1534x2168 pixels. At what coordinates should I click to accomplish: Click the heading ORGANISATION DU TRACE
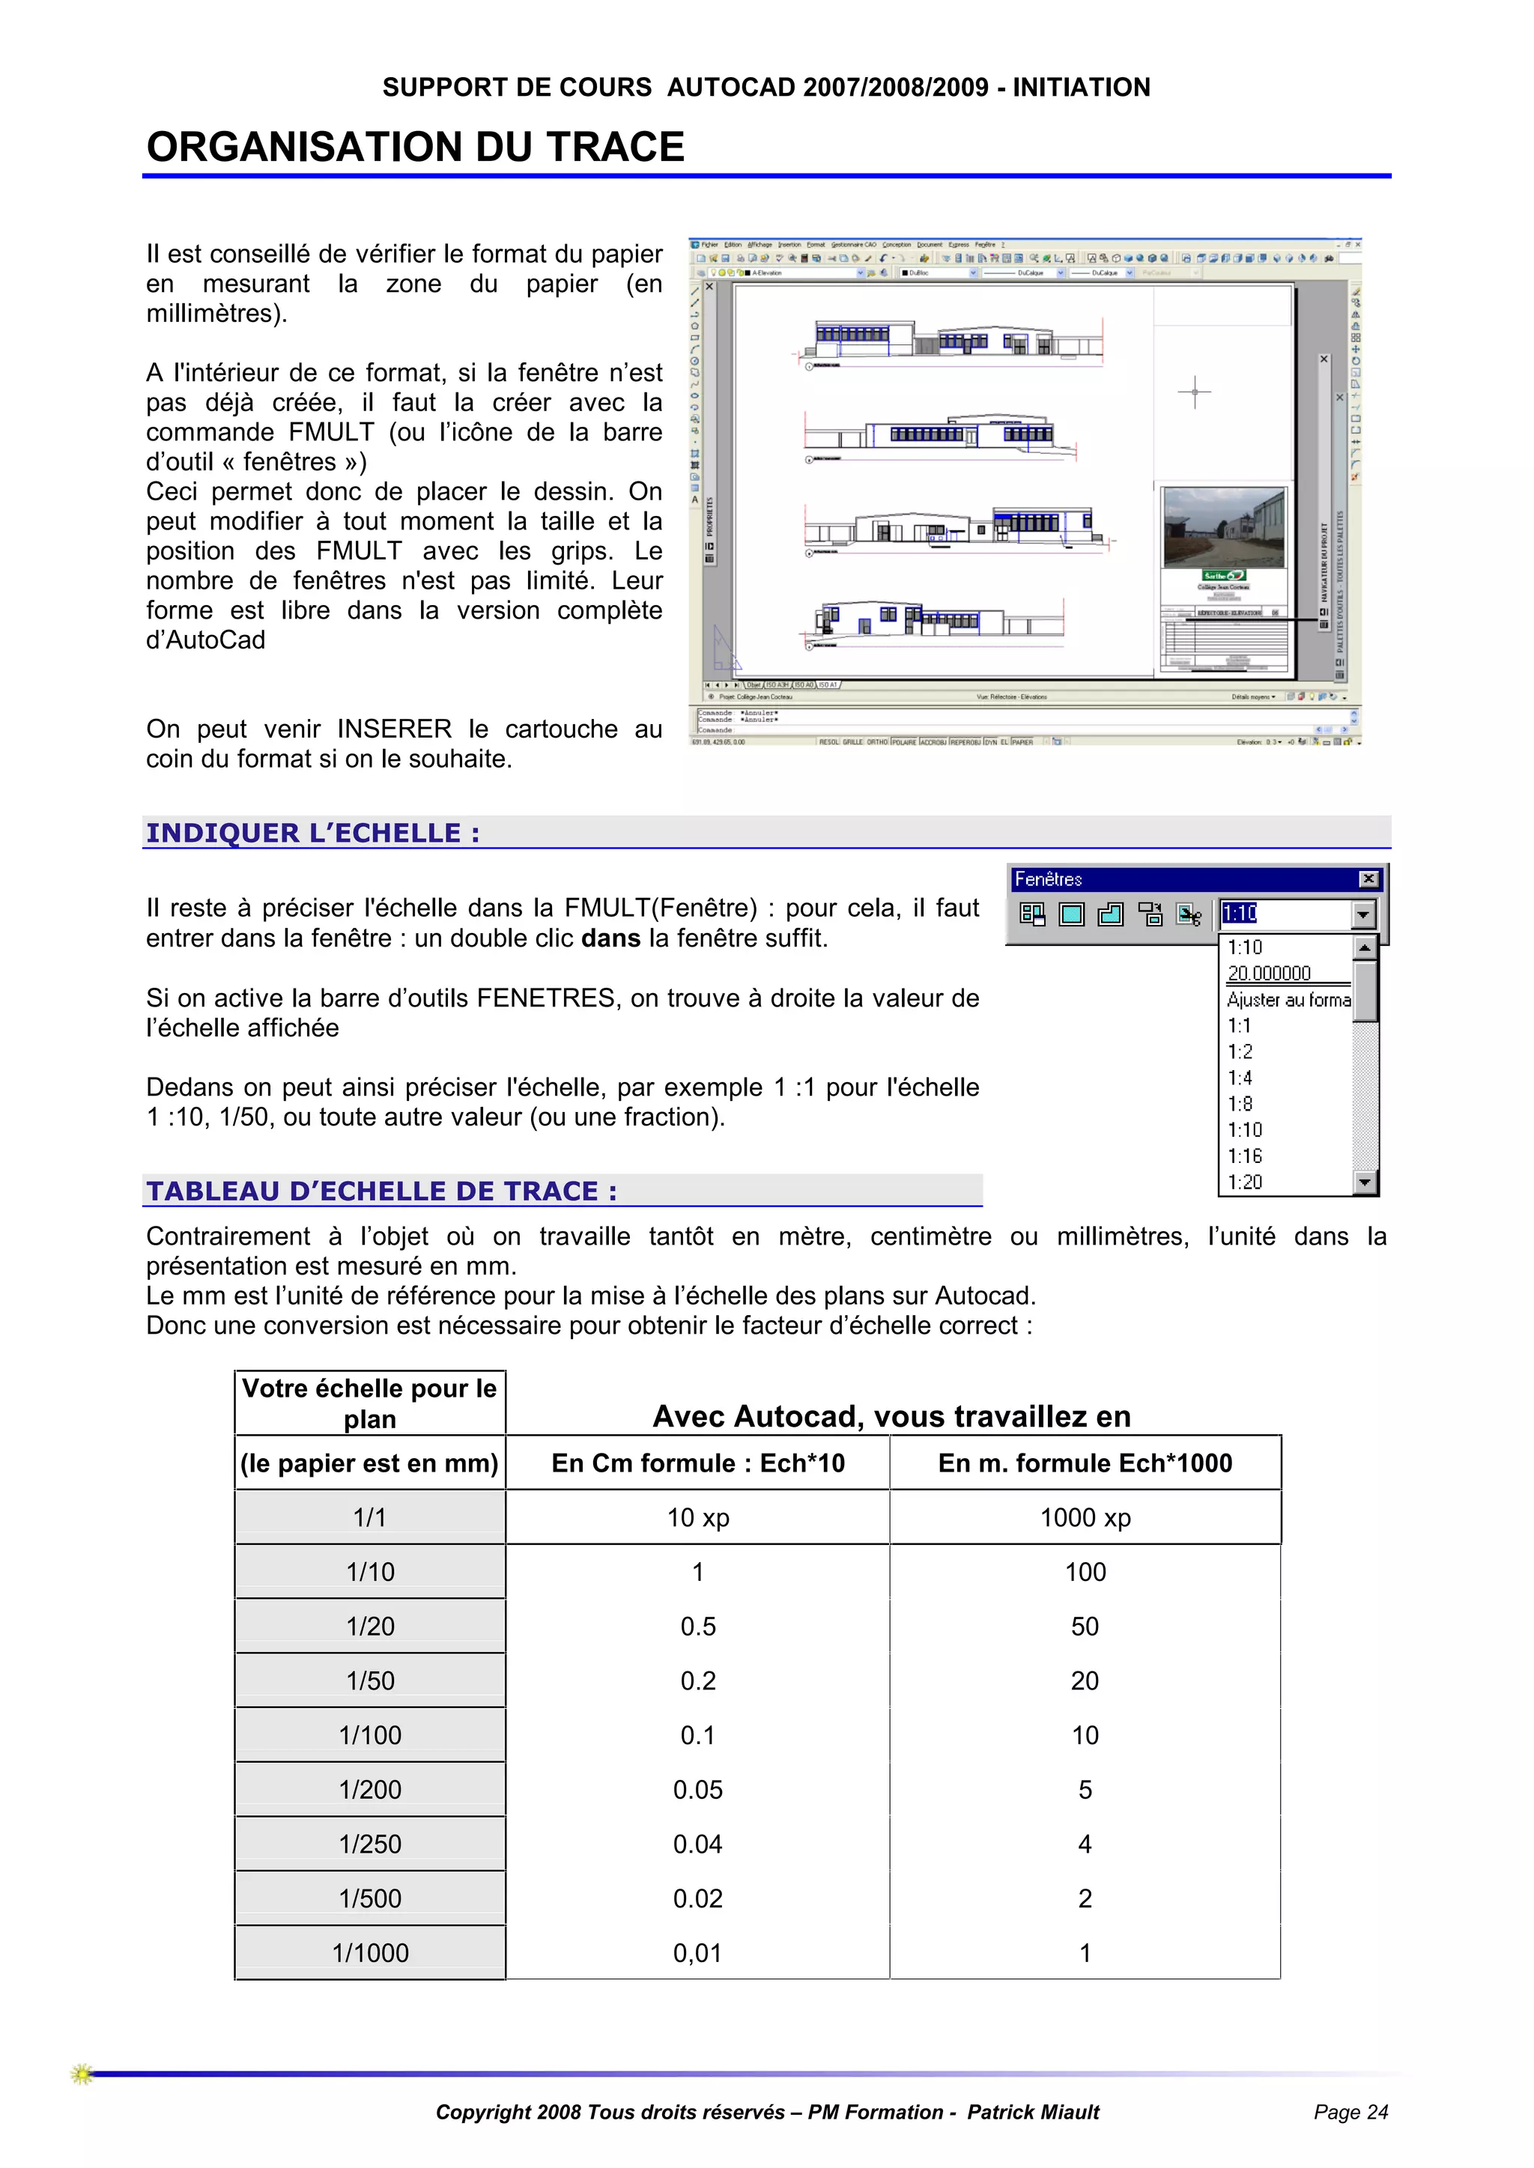(x=416, y=148)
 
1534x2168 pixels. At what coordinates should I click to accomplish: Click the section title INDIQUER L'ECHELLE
(x=312, y=833)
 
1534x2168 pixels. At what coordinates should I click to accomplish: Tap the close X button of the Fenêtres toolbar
(x=1368, y=879)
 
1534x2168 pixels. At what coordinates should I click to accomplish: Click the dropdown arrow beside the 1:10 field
(x=1363, y=914)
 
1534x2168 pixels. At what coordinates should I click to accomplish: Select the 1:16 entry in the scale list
(x=1245, y=1156)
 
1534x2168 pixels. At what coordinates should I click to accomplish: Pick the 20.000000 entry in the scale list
(x=1269, y=974)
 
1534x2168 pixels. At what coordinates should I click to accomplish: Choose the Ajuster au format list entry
(x=1288, y=1000)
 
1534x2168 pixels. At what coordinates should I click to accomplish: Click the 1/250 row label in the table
(x=370, y=1844)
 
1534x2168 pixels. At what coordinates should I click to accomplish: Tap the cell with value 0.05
(x=697, y=1789)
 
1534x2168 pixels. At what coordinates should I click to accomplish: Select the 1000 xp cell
(x=1085, y=1517)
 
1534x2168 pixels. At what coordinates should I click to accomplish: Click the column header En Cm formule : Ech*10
(x=697, y=1463)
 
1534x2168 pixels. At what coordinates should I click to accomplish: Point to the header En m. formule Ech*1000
(x=1085, y=1463)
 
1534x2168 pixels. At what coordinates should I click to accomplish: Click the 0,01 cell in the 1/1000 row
(x=697, y=1953)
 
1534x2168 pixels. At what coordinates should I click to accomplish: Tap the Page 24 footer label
(x=1350, y=2113)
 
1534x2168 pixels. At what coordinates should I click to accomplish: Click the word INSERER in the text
(x=394, y=729)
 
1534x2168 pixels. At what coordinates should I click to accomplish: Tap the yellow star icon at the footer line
(x=82, y=2074)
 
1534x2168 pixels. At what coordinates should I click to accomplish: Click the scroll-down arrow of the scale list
(x=1365, y=1182)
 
